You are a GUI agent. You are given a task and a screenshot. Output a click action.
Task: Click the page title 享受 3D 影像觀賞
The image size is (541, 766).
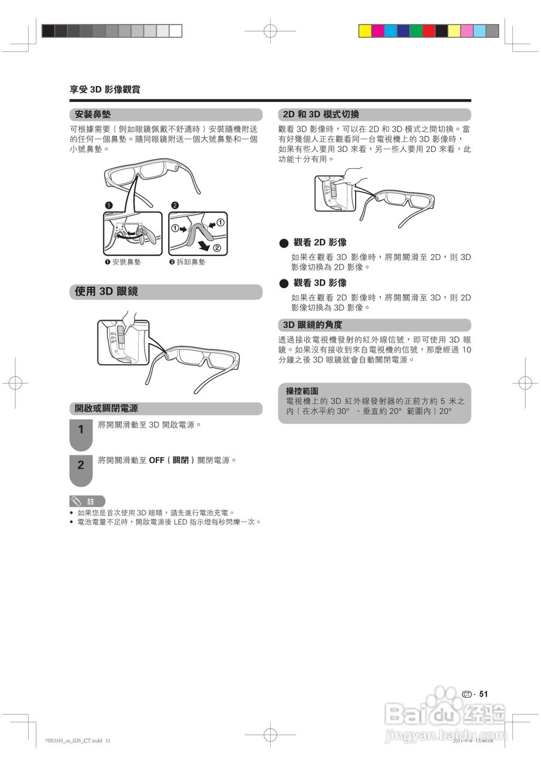(105, 90)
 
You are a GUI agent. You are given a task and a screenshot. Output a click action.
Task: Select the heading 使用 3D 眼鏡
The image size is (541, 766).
(106, 291)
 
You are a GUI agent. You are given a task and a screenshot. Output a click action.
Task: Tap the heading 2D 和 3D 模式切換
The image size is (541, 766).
(320, 114)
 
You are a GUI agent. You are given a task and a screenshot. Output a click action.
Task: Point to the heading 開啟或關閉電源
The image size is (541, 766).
(106, 409)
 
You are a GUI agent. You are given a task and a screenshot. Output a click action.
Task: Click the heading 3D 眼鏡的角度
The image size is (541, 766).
(312, 325)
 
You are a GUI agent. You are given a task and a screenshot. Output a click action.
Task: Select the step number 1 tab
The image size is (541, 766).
(81, 430)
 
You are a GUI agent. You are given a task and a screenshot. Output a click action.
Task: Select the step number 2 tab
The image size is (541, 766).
(81, 465)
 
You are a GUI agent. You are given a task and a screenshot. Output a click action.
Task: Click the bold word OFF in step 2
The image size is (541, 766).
(157, 460)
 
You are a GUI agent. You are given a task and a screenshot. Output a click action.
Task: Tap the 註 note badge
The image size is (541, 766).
(87, 501)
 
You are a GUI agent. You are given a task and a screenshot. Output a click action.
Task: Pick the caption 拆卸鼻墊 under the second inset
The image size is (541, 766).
(191, 262)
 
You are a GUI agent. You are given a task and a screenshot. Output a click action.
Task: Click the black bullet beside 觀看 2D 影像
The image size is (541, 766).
(283, 243)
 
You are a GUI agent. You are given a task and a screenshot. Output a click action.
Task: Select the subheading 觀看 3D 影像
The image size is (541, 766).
(320, 282)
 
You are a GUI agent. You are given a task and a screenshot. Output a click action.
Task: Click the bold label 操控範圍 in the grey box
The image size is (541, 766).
(302, 391)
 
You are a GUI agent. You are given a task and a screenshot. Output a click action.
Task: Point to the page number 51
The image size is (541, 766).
(484, 694)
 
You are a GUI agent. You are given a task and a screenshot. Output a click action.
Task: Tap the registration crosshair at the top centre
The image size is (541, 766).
(270, 31)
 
